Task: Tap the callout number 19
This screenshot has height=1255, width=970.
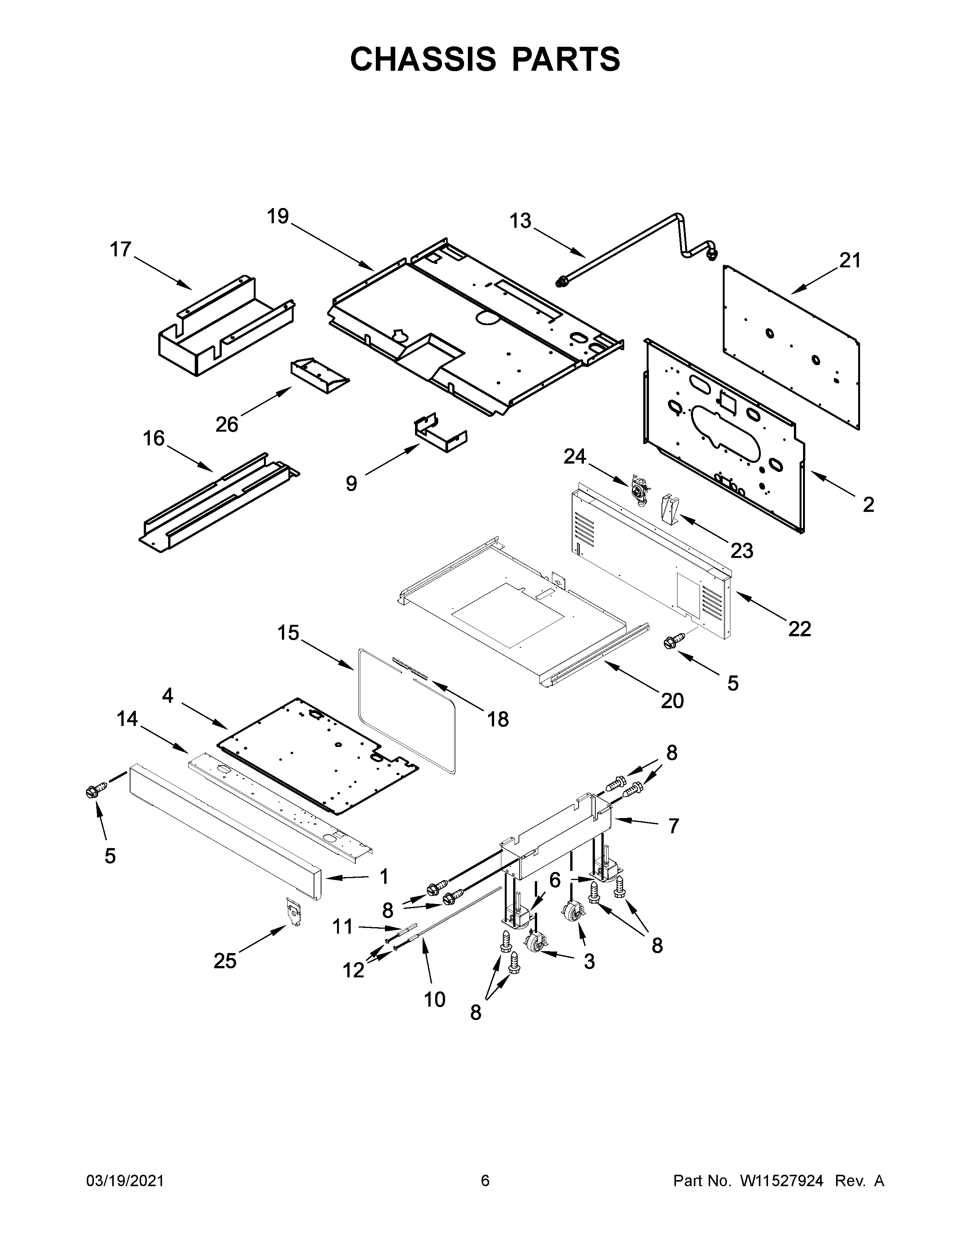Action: (278, 217)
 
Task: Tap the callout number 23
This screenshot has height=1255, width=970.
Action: (741, 551)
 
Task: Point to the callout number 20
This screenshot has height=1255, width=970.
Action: (672, 701)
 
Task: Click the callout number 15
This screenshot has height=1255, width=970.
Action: (288, 633)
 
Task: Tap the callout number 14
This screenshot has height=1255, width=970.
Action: (127, 718)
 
